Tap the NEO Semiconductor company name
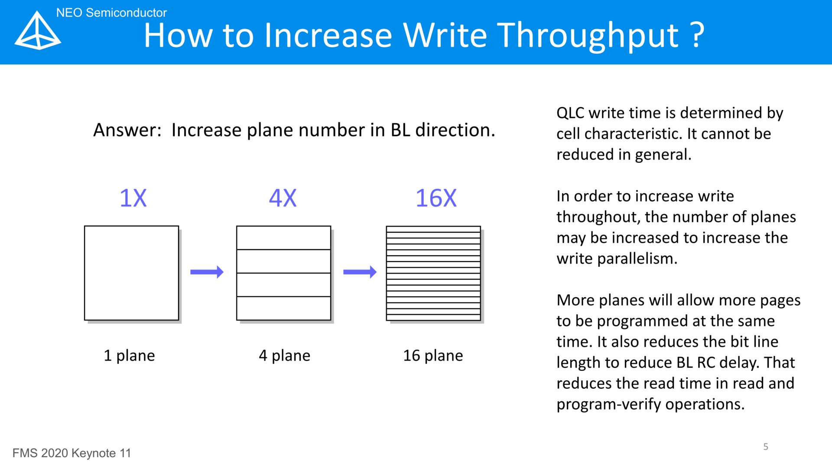(x=111, y=13)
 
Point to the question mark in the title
(x=697, y=34)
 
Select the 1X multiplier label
(x=133, y=198)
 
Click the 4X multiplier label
(x=283, y=198)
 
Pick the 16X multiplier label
(x=436, y=198)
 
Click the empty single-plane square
(x=131, y=273)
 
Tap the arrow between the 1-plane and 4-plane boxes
(x=207, y=272)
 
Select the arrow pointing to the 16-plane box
(x=360, y=272)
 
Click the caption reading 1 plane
(x=129, y=355)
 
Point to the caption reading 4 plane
(x=284, y=355)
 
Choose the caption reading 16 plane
(x=433, y=355)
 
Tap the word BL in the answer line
(x=400, y=130)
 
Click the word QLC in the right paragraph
(x=570, y=113)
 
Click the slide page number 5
(x=766, y=447)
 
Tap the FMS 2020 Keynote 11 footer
(x=71, y=453)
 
